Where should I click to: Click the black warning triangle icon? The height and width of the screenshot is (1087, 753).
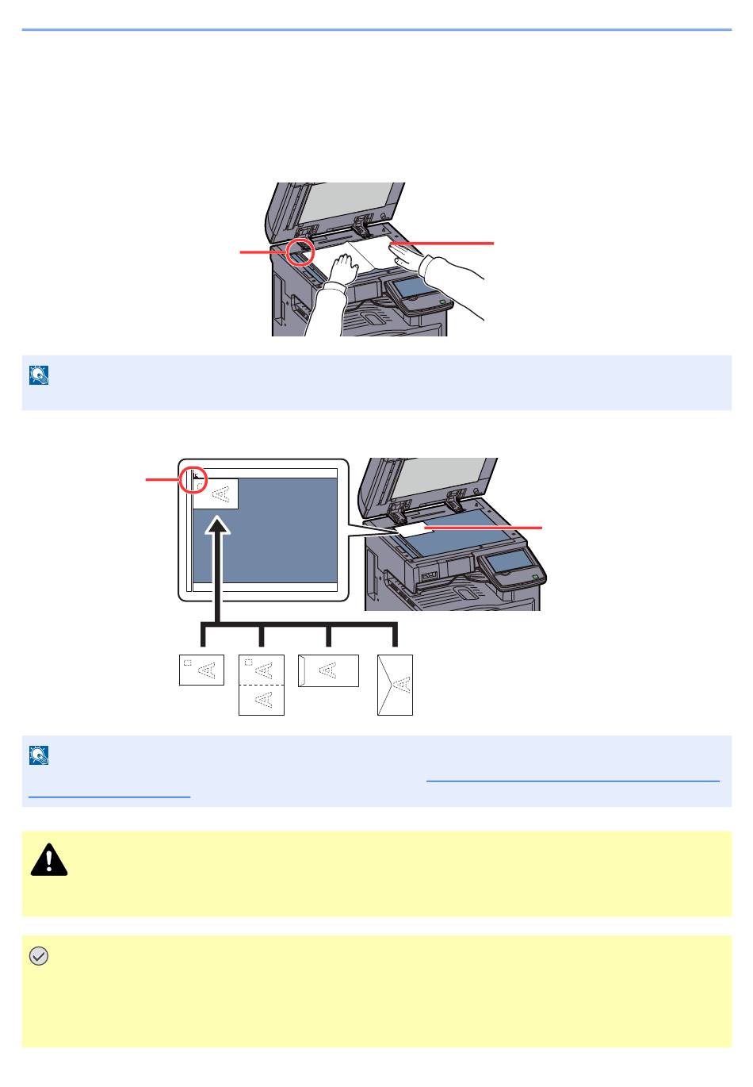click(x=49, y=859)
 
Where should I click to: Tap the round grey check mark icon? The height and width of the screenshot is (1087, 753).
click(x=38, y=957)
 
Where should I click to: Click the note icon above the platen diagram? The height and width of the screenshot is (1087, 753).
click(x=39, y=375)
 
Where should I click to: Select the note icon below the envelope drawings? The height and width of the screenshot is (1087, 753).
click(x=39, y=755)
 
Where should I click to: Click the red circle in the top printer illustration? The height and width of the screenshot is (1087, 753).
click(x=300, y=252)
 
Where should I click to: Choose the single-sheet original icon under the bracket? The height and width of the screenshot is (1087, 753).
click(x=201, y=669)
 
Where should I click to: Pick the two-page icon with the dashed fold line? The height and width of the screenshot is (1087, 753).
click(x=261, y=685)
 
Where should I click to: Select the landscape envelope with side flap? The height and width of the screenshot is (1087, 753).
click(x=328, y=670)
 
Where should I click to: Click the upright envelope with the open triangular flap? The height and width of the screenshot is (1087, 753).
click(x=396, y=685)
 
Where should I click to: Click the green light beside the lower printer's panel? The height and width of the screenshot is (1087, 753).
click(x=536, y=577)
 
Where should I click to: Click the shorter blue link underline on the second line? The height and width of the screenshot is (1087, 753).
click(x=109, y=795)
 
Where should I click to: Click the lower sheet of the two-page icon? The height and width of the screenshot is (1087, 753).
click(x=261, y=700)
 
